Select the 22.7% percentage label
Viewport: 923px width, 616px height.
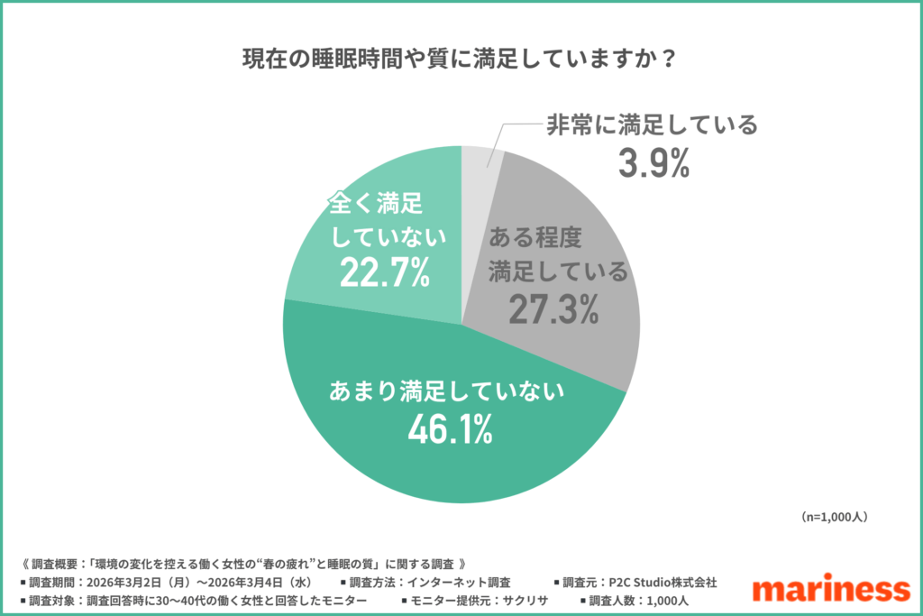click(x=384, y=273)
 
